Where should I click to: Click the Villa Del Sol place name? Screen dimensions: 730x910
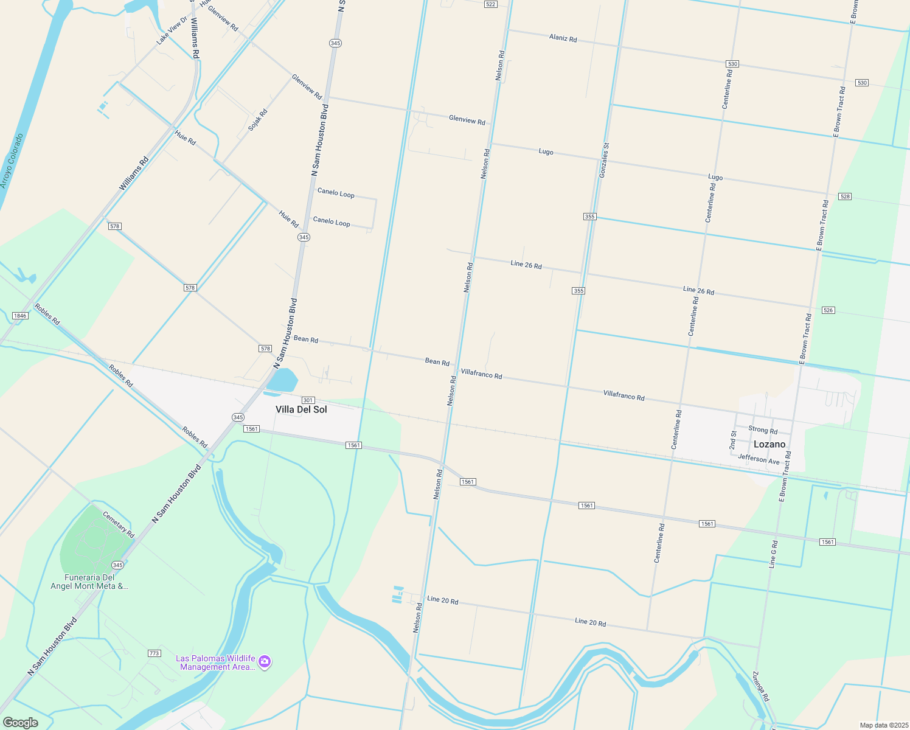pos(301,409)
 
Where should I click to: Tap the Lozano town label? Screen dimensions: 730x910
pos(769,444)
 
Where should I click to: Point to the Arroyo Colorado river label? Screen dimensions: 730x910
pos(12,161)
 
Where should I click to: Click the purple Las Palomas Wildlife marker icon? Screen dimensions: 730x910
pos(264,662)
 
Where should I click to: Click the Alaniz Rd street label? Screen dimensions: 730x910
pos(563,38)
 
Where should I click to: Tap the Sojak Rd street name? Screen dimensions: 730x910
pos(258,120)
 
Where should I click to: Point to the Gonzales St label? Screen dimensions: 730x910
pos(604,161)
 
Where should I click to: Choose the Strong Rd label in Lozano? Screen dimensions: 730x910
pos(763,429)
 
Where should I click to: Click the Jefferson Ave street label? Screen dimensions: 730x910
pos(759,459)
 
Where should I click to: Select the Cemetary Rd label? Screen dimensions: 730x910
pos(118,524)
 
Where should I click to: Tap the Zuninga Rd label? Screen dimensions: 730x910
pos(761,686)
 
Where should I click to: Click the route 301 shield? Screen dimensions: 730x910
pos(308,400)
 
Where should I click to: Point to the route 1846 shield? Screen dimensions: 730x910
pos(20,316)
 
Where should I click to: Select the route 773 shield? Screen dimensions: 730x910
pos(154,653)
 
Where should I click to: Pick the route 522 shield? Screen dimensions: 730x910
pos(491,4)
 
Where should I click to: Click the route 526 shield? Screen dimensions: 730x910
pos(828,310)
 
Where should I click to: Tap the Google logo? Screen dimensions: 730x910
pos(20,723)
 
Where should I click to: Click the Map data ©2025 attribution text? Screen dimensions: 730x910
pos(883,725)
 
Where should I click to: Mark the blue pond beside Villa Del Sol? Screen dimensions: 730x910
pos(283,381)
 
